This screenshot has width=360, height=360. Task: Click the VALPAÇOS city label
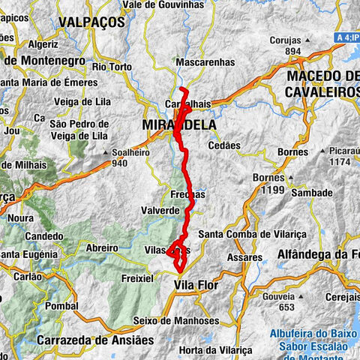(92, 22)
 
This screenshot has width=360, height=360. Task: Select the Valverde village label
(160, 211)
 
